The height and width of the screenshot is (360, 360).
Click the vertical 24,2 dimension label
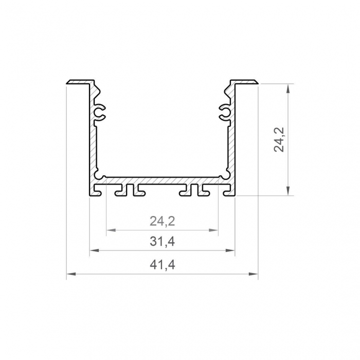pos(280,140)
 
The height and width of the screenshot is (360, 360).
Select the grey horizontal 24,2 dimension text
pos(163,222)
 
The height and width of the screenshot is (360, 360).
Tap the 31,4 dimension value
pos(163,241)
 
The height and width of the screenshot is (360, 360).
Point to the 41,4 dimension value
pos(163,265)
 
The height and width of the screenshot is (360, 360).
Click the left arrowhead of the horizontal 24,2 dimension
pos(110,231)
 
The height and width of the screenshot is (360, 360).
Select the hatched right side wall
pos(232,139)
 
